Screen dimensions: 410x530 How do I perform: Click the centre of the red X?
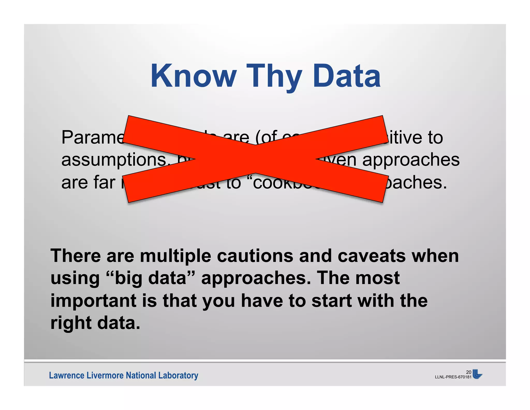click(x=255, y=159)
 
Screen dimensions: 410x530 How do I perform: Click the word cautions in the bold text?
click(x=255, y=256)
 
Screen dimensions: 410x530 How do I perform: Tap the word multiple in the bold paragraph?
click(x=175, y=256)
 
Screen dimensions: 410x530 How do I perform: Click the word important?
click(x=93, y=301)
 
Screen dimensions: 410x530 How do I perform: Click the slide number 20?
click(x=469, y=372)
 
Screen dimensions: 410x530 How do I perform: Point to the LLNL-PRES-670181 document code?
click(x=453, y=377)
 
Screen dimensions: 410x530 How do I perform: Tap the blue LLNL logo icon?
click(x=477, y=374)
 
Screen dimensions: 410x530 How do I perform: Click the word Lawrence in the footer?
click(x=67, y=375)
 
